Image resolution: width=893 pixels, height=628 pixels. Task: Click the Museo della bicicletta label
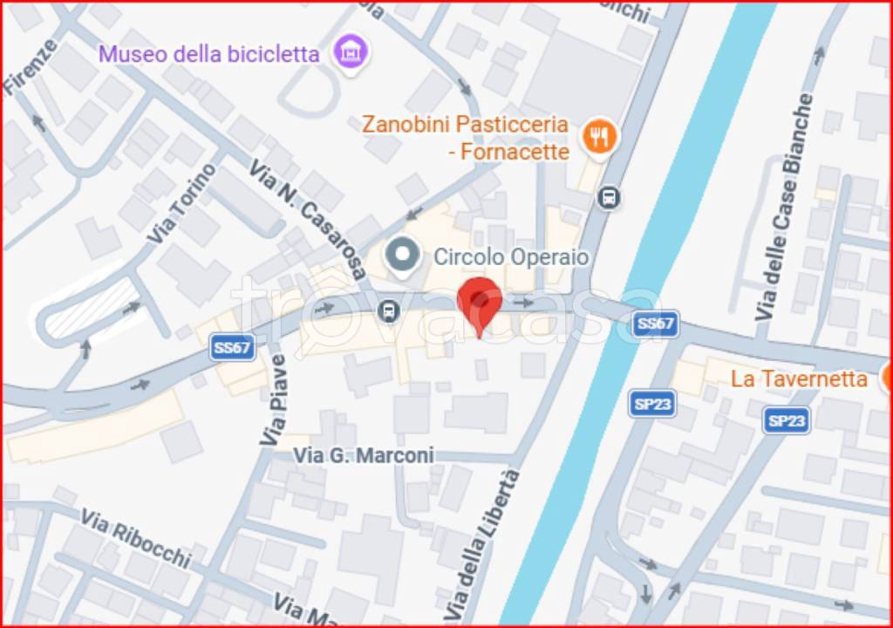coord(208,54)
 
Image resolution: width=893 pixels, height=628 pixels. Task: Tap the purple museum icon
coord(351,51)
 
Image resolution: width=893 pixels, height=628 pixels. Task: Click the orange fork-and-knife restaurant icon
coord(598,137)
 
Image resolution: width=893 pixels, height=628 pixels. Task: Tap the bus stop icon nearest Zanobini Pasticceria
coord(609,198)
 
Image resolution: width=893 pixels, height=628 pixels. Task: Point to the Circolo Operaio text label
coord(511,257)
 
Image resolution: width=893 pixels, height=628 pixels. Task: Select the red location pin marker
coord(480,303)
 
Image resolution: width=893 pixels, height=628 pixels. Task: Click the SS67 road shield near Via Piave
coord(233,348)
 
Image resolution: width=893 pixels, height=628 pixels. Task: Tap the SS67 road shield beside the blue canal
coord(656,324)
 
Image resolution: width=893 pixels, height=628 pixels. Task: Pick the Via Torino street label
coord(181,203)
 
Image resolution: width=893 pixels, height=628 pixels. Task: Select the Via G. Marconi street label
coord(363,455)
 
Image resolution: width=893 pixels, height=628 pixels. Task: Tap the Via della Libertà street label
coord(494,540)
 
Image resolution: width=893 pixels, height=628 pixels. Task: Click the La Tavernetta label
coord(799,379)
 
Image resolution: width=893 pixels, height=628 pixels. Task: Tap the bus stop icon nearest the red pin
coord(389,311)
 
